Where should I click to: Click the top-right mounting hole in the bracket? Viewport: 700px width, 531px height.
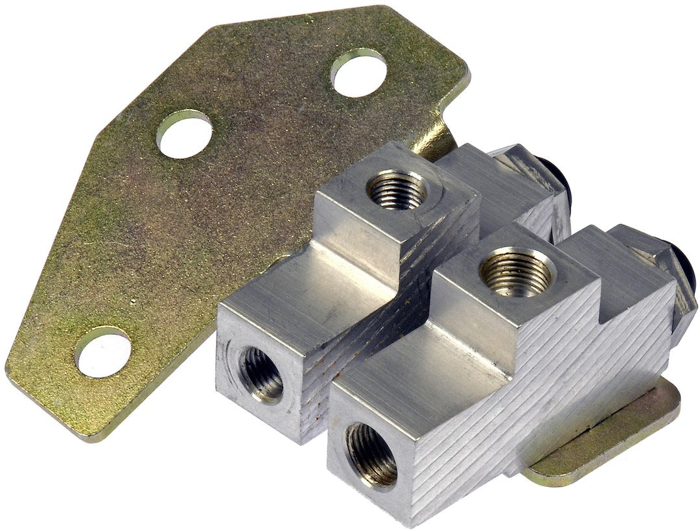click(358, 73)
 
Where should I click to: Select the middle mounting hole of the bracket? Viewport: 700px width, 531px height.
click(184, 134)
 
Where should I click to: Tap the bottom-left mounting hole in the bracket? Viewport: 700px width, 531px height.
click(102, 352)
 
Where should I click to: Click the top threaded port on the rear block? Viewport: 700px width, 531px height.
click(397, 189)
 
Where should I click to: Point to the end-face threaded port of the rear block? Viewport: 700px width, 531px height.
click(261, 374)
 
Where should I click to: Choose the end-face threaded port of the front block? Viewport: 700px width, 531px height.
click(371, 454)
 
